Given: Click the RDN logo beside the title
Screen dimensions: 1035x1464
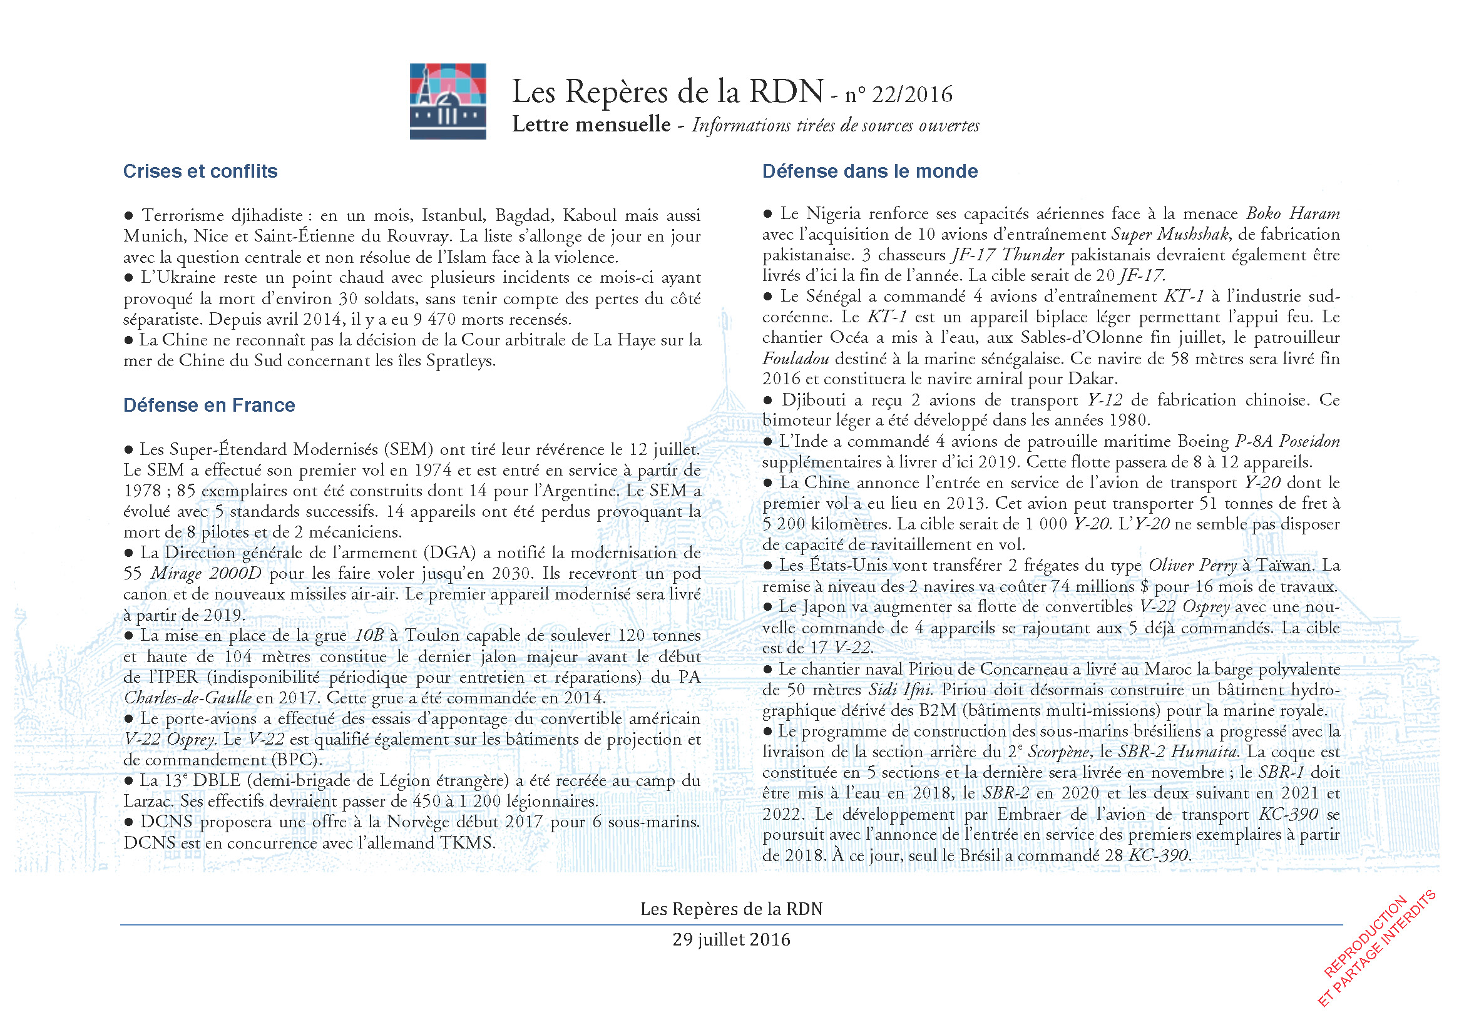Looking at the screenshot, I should pos(448,101).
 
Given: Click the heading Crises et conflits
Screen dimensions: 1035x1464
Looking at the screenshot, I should pos(200,171).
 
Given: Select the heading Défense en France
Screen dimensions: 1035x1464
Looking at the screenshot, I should pos(209,405).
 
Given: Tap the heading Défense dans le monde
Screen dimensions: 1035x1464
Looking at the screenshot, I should pos(870,171).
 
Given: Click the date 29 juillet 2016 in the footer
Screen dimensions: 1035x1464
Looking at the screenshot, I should pos(731,939).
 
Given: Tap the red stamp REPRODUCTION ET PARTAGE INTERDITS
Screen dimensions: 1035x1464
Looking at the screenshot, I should pos(1377,950).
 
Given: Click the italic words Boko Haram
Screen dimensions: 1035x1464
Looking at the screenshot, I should pos(1293,213).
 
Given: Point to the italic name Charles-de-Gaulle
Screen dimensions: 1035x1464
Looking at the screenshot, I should pos(188,698).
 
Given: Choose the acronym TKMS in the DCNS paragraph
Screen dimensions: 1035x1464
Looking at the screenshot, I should pos(468,843).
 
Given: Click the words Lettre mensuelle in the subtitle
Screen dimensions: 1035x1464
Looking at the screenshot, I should pos(591,125).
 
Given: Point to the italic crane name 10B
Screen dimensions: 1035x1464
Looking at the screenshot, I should pos(369,636).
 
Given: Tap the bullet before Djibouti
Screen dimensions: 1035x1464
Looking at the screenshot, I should pos(769,400).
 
